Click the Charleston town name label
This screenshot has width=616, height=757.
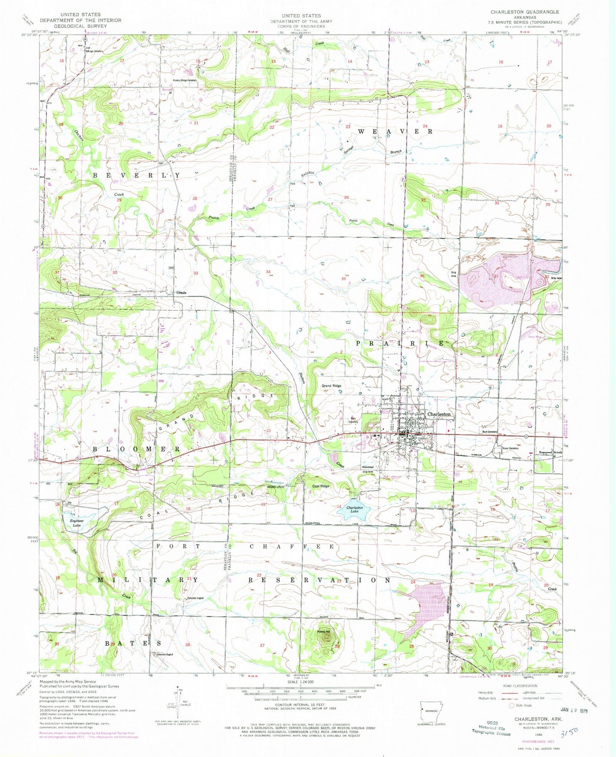pos(439,414)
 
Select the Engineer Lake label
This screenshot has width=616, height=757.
pos(77,523)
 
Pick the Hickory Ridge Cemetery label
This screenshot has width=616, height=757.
pos(185,81)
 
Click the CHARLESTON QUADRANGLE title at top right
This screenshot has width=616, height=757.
pos(524,12)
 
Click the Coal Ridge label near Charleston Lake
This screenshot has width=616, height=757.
pos(321,486)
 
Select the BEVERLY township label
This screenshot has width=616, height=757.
pos(136,175)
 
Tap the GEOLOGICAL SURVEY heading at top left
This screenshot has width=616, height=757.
pos(81,26)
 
